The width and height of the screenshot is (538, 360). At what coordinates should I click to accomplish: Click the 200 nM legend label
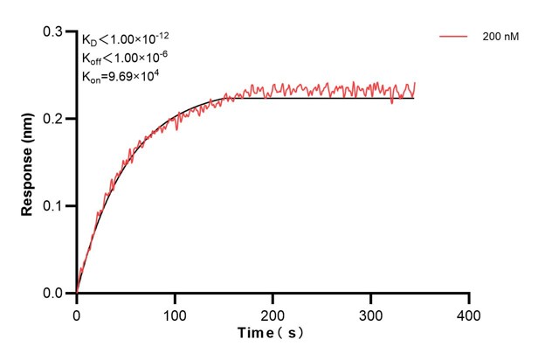pos(499,38)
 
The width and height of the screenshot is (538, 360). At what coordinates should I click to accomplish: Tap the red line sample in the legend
pos(454,38)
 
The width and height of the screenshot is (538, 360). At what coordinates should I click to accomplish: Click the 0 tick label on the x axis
pos(77,313)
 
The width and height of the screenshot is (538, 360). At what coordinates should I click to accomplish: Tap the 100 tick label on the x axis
pos(175,313)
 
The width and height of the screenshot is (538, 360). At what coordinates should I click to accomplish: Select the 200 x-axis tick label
pos(273,313)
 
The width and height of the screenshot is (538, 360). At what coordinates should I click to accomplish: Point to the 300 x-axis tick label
pos(371,313)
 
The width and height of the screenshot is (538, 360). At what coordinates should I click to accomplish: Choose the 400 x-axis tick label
pos(469,313)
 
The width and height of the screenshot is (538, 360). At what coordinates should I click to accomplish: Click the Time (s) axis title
pos(273,333)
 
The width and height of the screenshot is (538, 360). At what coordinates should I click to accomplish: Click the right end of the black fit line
pos(414,98)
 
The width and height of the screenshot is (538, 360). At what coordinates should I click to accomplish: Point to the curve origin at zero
pos(77,294)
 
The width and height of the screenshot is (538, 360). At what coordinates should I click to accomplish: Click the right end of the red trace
pos(415,83)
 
